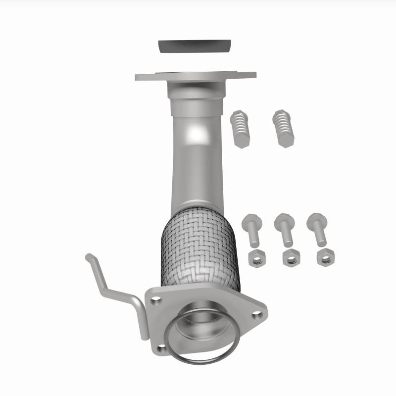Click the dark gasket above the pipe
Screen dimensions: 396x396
click(195, 46)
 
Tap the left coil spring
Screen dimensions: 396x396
click(240, 126)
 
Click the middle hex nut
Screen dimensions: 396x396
click(290, 257)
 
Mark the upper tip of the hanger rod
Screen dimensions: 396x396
click(88, 257)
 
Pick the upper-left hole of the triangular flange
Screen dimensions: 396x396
click(156, 299)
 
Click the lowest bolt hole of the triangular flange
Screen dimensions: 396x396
click(162, 348)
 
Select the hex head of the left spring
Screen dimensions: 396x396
click(242, 142)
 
